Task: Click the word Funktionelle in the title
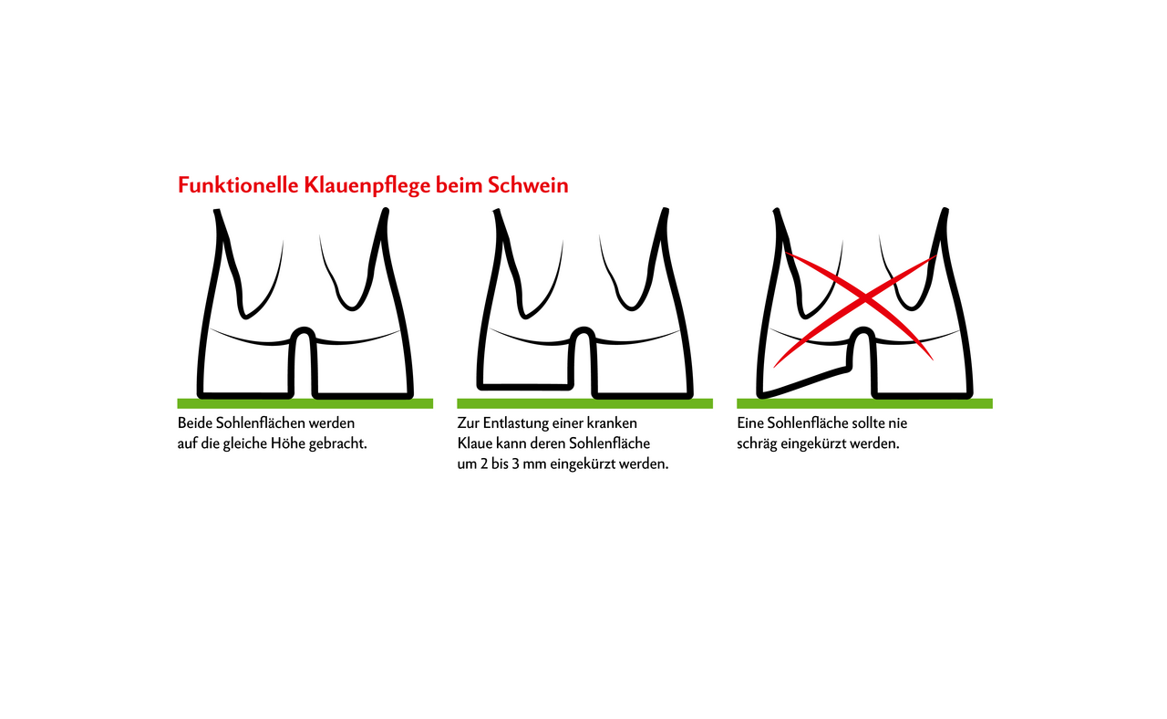(x=239, y=185)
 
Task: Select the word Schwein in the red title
(x=528, y=185)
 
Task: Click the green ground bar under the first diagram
(x=305, y=403)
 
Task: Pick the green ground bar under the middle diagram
(x=584, y=403)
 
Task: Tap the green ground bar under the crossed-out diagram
(x=864, y=403)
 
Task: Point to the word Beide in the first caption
(x=194, y=422)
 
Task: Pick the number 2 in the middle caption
(x=483, y=464)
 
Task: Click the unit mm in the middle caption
(x=534, y=465)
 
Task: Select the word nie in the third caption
(x=898, y=422)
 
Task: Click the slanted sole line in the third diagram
(x=805, y=382)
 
